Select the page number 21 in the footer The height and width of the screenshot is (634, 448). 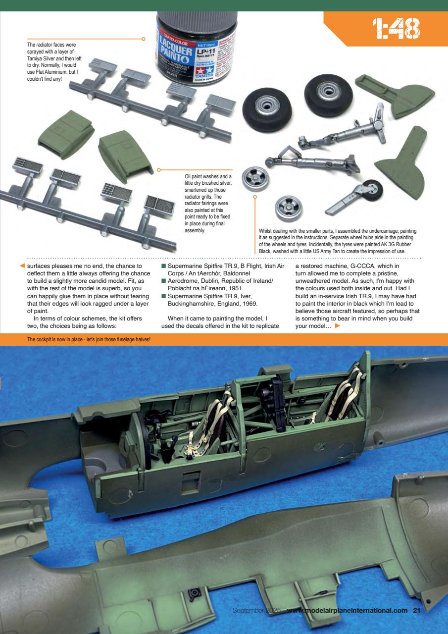416,610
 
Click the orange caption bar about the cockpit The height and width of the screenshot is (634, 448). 89,339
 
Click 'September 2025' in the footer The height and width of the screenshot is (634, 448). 257,610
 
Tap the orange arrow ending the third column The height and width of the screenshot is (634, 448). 338,325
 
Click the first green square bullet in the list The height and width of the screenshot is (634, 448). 164,266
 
